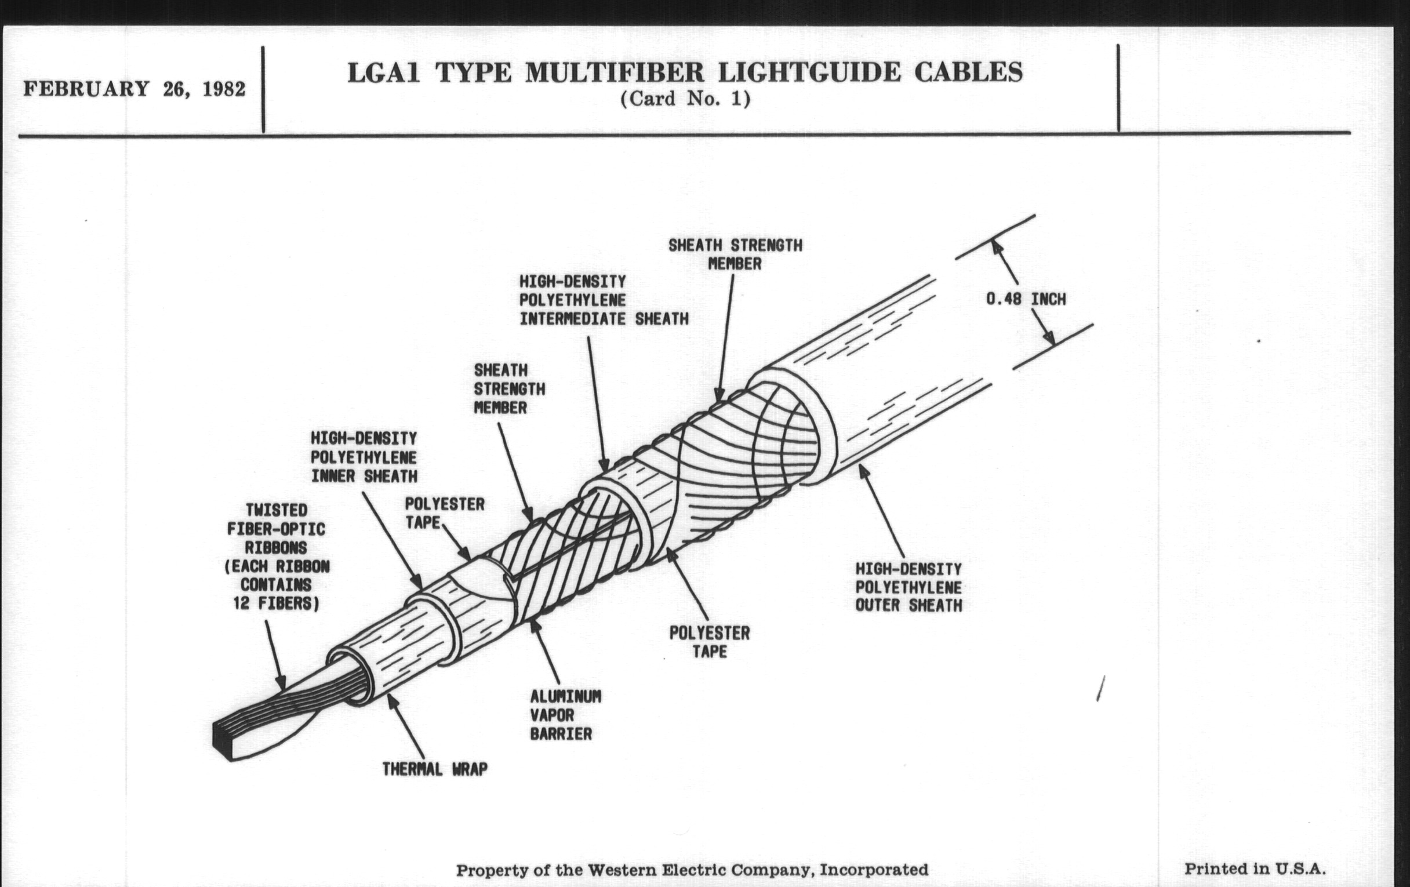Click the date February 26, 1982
[x=134, y=90]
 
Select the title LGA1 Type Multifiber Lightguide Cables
[x=685, y=72]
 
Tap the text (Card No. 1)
[x=685, y=99]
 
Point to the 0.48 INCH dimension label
[x=1026, y=299]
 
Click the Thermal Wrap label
[x=434, y=769]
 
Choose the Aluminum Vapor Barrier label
[x=565, y=715]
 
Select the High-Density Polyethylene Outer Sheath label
[x=908, y=587]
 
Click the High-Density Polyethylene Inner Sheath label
[x=364, y=457]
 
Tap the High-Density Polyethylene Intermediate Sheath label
[x=603, y=300]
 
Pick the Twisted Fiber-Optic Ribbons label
[x=277, y=557]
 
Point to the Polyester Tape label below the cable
[x=709, y=642]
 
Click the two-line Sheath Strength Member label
[x=735, y=254]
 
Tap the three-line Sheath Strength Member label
[x=509, y=389]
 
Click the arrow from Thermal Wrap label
[x=406, y=725]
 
